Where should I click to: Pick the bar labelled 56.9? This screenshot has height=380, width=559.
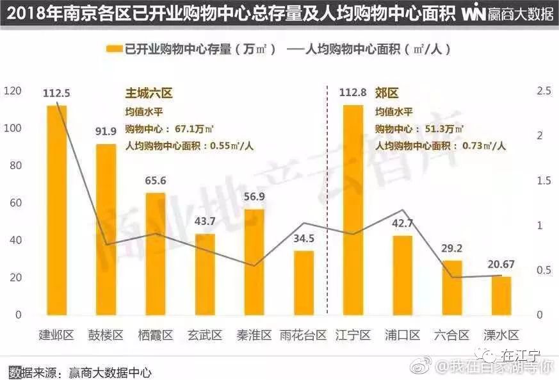click(x=254, y=262)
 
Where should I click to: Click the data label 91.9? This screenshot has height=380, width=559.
click(x=106, y=133)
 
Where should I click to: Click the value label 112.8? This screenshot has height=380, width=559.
click(x=353, y=93)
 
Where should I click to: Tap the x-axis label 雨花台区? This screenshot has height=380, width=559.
click(x=304, y=335)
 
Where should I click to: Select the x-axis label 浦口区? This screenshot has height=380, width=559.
click(x=403, y=335)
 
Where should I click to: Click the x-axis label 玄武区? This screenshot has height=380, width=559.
click(x=205, y=335)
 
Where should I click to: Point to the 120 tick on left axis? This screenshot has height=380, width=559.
click(x=13, y=91)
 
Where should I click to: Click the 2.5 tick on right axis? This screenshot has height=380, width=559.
click(x=544, y=91)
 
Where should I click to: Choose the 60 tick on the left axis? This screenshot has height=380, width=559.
click(x=15, y=203)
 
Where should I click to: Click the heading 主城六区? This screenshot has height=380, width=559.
click(x=149, y=94)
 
